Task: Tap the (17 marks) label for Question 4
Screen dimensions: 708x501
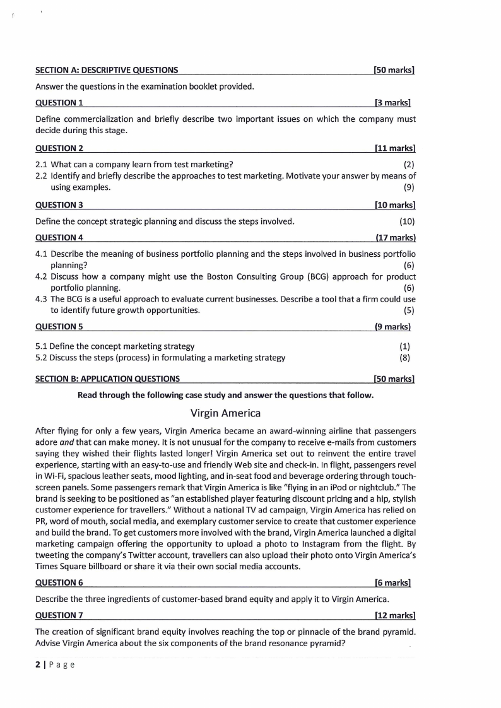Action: tap(395, 238)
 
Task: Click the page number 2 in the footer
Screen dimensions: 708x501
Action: tap(38, 664)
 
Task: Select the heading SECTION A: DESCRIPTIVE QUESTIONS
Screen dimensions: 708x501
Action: tap(106, 70)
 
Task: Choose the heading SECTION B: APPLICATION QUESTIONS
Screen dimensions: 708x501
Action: tap(107, 379)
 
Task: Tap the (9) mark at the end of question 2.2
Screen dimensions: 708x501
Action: tap(409, 187)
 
